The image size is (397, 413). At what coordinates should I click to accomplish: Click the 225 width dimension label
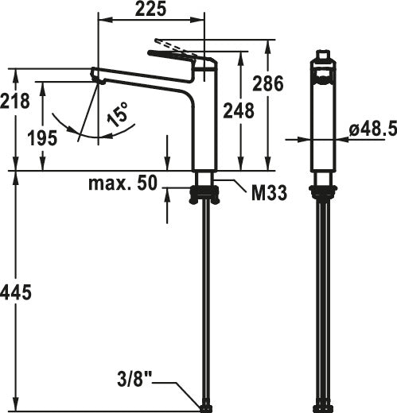point(150,10)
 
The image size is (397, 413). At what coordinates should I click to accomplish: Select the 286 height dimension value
point(268,83)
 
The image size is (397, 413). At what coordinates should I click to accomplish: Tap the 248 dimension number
point(239,110)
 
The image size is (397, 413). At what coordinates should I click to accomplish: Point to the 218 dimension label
point(15,101)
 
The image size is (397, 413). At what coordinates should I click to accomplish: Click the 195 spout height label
point(42,138)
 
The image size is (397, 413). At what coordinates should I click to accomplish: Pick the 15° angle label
point(117,114)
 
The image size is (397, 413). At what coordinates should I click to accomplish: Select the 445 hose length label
point(16,292)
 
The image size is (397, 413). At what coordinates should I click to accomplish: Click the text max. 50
point(123,183)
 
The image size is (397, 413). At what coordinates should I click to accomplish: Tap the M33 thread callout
point(269,193)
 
